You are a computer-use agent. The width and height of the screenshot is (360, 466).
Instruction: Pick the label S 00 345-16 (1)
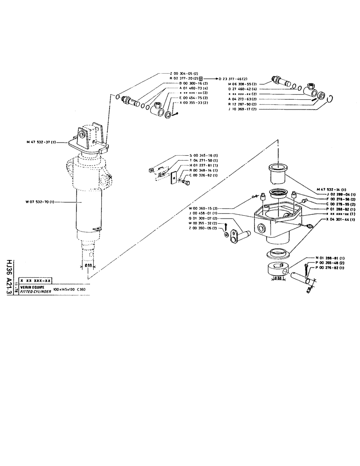[x=205, y=155]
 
